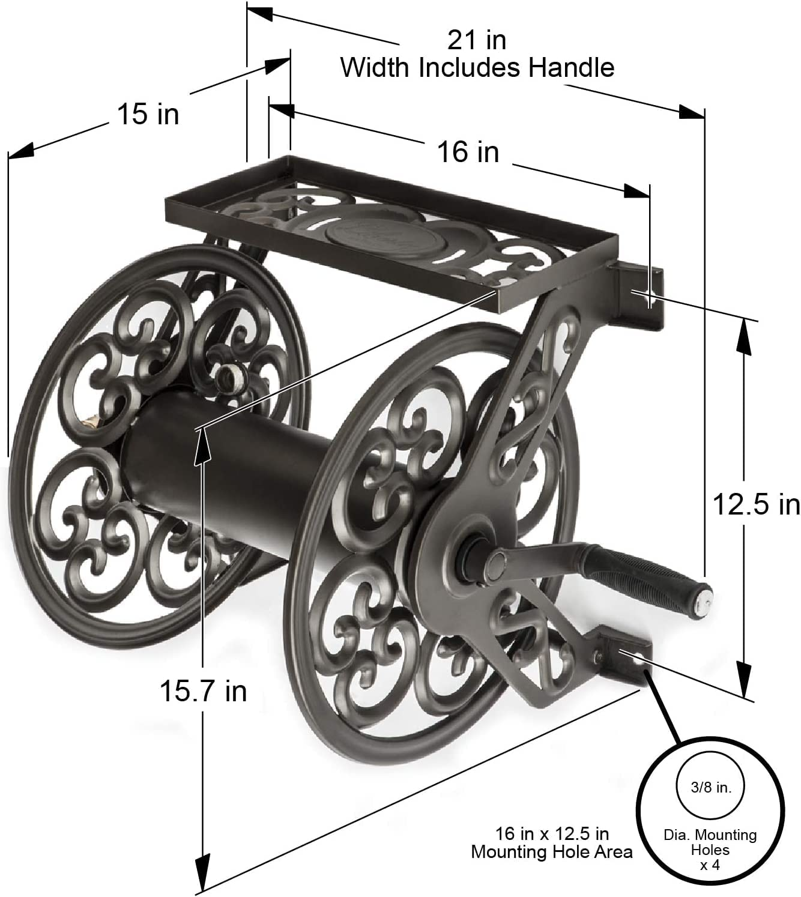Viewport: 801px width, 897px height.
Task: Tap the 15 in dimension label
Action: pyautogui.click(x=148, y=113)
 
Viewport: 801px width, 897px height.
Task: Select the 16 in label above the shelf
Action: pyautogui.click(x=468, y=151)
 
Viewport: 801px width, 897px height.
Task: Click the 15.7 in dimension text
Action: pyautogui.click(x=203, y=690)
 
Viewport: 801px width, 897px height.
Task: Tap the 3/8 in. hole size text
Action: pyautogui.click(x=711, y=787)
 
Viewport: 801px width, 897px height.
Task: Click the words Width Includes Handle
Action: pyautogui.click(x=477, y=67)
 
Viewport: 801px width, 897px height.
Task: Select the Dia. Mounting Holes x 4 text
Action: pyautogui.click(x=710, y=850)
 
